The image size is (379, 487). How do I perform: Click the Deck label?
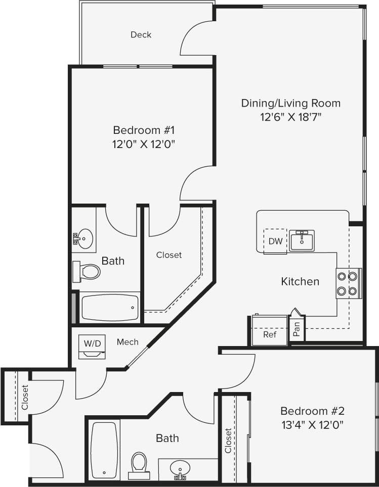pyautogui.click(x=141, y=35)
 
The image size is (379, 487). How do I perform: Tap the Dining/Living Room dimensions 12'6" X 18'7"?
pyautogui.click(x=290, y=117)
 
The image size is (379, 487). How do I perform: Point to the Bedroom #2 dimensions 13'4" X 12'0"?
pyautogui.click(x=312, y=424)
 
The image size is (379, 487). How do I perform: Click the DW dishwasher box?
pyautogui.click(x=275, y=241)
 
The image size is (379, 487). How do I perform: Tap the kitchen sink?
pyautogui.click(x=302, y=239)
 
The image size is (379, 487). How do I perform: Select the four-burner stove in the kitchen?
pyautogui.click(x=349, y=283)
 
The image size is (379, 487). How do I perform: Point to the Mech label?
pyautogui.click(x=128, y=342)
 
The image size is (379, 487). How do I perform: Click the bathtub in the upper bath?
pyautogui.click(x=110, y=308)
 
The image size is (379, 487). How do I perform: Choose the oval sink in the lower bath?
pyautogui.click(x=180, y=468)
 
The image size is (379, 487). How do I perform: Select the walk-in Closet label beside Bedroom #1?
pyautogui.click(x=169, y=255)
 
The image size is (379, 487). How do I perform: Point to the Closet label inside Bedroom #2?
pyautogui.click(x=228, y=441)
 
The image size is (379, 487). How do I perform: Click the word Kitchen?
pyautogui.click(x=300, y=281)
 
